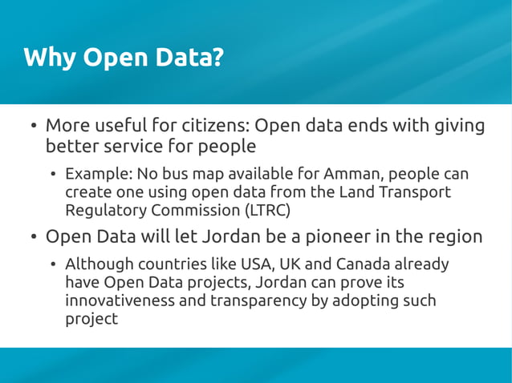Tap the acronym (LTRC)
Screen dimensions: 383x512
[267, 211]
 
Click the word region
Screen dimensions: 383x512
[454, 237]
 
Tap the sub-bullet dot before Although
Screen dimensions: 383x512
[53, 265]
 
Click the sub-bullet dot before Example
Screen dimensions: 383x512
[53, 175]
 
